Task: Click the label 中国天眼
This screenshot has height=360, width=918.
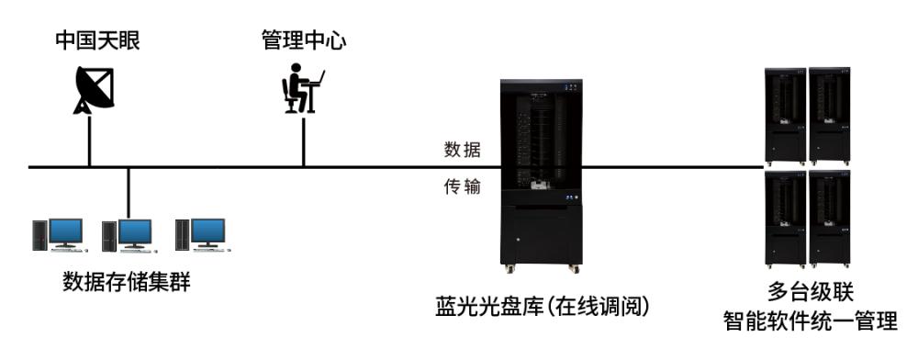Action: [98, 41]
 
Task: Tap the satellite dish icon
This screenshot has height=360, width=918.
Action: [93, 90]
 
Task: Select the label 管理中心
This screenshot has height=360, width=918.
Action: [303, 40]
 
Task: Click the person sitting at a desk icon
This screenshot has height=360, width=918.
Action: [302, 88]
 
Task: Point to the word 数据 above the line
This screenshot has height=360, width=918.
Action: [463, 150]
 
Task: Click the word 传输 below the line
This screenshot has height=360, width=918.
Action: [463, 187]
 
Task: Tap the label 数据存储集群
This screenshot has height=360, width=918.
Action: [127, 282]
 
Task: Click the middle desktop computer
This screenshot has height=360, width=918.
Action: [129, 236]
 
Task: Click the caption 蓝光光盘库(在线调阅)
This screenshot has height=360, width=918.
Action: [543, 307]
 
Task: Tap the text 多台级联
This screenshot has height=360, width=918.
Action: [811, 291]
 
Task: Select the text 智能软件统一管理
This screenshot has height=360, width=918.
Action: [811, 321]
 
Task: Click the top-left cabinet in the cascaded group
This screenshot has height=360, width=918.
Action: [787, 116]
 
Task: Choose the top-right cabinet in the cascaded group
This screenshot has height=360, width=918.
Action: [830, 116]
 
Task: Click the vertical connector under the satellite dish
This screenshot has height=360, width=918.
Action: [90, 141]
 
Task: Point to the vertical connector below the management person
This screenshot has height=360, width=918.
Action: [303, 141]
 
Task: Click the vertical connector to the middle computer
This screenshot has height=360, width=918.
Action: [129, 193]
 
